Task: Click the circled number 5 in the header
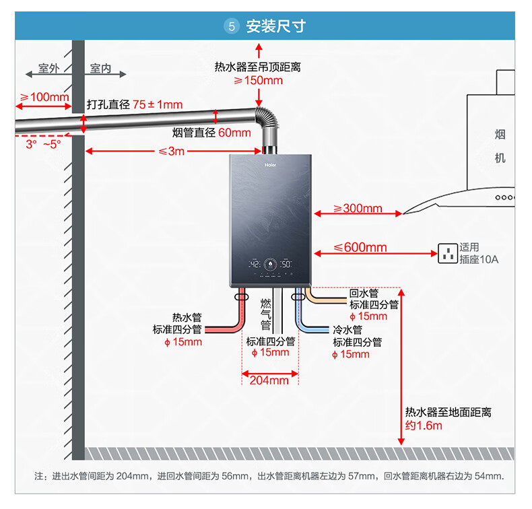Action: (x=232, y=26)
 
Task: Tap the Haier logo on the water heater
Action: (x=270, y=162)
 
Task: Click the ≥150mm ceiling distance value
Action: (x=259, y=81)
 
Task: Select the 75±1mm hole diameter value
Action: (x=157, y=104)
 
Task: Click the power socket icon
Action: (x=446, y=253)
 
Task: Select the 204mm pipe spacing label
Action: (x=269, y=380)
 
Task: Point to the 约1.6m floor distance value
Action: (x=424, y=426)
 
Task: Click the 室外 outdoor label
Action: (x=49, y=69)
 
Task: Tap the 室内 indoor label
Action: (x=100, y=69)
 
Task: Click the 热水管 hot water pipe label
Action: (x=187, y=317)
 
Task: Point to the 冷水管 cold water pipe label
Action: (x=347, y=330)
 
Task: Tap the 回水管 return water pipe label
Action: (x=364, y=294)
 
